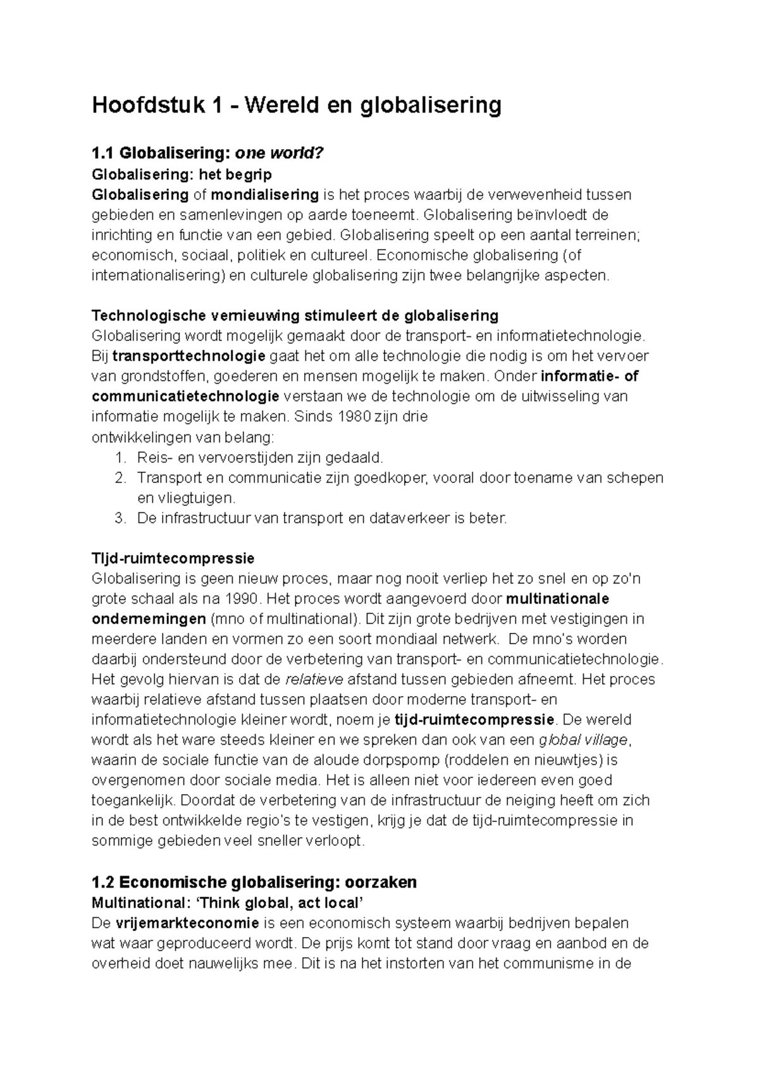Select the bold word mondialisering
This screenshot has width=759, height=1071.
[264, 194]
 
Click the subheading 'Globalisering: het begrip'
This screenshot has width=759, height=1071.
[182, 174]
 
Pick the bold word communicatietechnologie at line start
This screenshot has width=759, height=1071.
[185, 396]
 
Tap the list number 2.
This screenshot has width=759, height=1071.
[121, 477]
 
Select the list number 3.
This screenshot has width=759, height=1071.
[121, 518]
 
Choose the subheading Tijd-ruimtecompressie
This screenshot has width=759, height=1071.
[173, 558]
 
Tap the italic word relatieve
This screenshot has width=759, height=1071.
[314, 680]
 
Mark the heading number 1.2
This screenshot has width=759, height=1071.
[102, 882]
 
